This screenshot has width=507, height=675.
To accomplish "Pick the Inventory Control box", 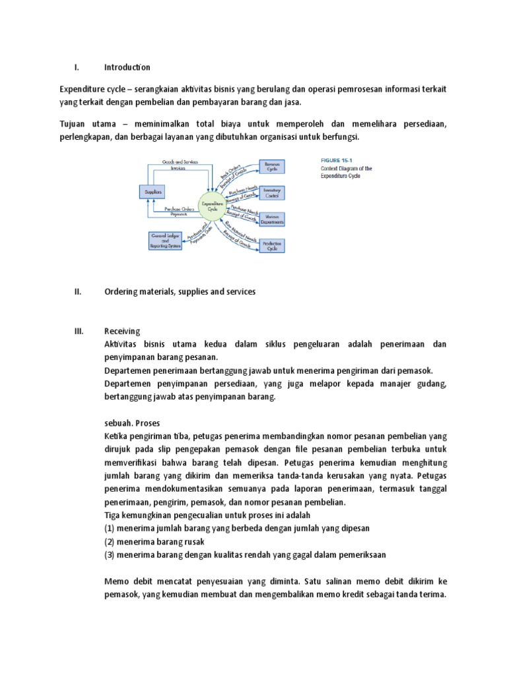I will pyautogui.click(x=271, y=192).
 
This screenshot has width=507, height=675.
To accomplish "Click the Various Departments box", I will pyautogui.click(x=271, y=219).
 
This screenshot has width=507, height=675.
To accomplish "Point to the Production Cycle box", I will pyautogui.click(x=271, y=246).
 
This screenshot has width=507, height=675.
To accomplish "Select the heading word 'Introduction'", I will pyautogui.click(x=127, y=67).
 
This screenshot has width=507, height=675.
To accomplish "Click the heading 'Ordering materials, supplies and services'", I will pyautogui.click(x=180, y=291).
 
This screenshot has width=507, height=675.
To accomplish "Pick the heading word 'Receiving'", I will pyautogui.click(x=122, y=331).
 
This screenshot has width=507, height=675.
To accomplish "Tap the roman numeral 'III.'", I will pyautogui.click(x=79, y=331).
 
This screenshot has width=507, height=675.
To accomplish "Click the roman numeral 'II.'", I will pyautogui.click(x=77, y=291).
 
